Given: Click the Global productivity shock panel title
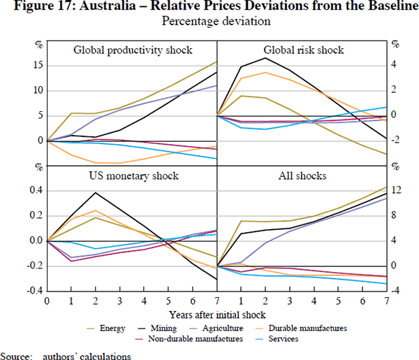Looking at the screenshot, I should (x=133, y=50).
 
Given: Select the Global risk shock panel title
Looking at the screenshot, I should (x=303, y=50).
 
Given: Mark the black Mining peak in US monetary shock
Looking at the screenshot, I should (x=96, y=192).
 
